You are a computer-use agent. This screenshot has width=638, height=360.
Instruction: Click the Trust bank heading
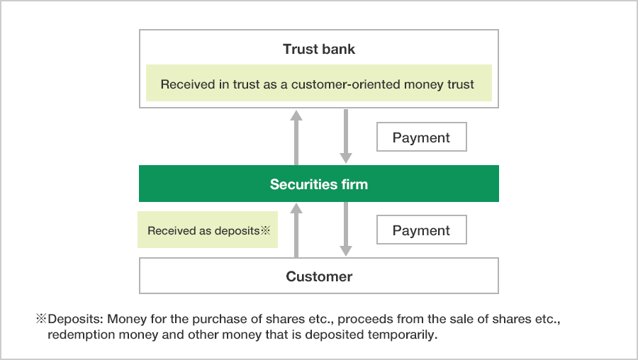point(319,50)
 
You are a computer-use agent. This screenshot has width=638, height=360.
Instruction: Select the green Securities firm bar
point(319,184)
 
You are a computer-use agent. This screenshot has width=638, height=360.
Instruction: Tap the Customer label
point(319,276)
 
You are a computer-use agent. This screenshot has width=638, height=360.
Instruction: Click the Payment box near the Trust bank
point(421,137)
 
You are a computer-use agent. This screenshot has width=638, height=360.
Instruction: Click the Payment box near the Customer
point(421,230)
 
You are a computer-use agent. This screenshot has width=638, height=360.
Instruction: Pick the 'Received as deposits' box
point(208,230)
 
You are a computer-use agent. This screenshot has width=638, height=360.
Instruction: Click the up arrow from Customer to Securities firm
point(297,230)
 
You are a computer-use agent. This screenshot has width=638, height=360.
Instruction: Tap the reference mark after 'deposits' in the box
point(267,230)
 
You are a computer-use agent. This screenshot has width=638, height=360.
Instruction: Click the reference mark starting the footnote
point(41,320)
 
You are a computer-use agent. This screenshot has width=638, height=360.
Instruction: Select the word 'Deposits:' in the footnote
point(74,320)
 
